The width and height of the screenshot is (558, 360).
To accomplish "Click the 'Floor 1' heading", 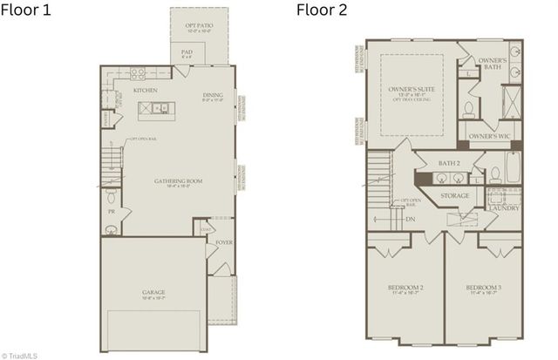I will coord(28,10).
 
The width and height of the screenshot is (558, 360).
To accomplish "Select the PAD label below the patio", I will coord(187,52).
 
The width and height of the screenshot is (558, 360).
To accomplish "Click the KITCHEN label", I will coord(145,90).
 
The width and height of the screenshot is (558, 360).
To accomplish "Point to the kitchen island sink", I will coord(160,108).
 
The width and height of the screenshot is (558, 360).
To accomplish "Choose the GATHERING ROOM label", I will coord(178,181).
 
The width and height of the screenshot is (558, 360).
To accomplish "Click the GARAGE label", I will coord(153,292).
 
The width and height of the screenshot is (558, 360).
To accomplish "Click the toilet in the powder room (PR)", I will coord(111,228).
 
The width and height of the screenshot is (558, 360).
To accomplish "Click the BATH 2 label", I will coord(449,163).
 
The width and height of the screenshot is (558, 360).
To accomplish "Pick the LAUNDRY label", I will coord(505,207).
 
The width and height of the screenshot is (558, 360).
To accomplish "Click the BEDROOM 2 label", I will coord(405,288).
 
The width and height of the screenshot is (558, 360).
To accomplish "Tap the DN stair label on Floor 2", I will coord(410,219).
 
